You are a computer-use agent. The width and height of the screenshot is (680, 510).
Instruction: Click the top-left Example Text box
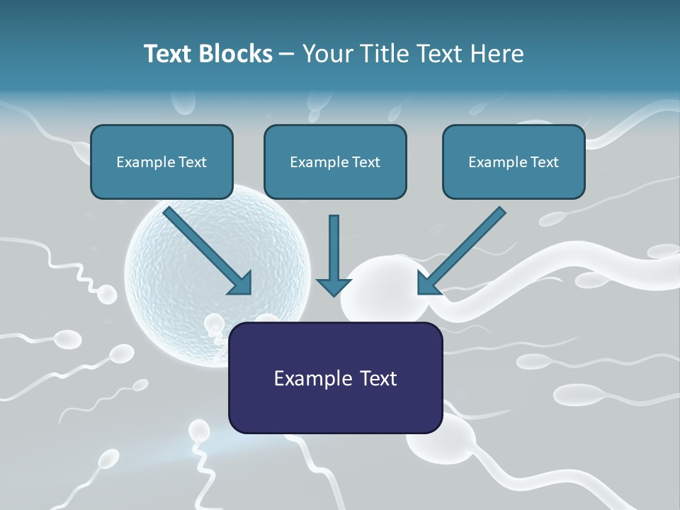click(161, 161)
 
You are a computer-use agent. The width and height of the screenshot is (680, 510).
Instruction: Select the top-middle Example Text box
click(335, 161)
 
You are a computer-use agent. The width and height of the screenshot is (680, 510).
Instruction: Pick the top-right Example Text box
click(514, 161)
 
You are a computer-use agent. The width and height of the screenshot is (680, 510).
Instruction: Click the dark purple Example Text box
click(335, 378)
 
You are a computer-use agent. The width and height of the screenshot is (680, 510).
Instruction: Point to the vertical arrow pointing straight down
click(334, 255)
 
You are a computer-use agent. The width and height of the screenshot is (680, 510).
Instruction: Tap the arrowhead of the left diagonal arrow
click(242, 283)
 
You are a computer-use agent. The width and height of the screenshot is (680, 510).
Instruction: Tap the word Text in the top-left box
click(192, 161)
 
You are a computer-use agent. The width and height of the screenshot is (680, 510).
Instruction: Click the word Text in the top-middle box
click(365, 161)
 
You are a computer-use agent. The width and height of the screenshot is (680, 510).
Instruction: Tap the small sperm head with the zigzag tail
click(106, 294)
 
